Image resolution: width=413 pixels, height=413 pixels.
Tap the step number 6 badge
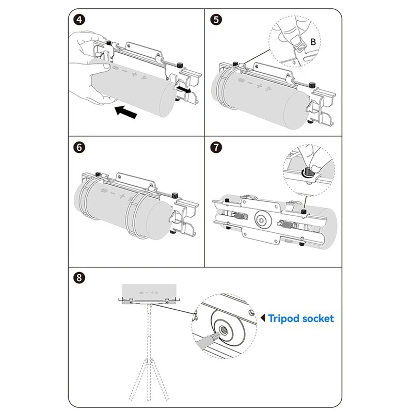[79, 146]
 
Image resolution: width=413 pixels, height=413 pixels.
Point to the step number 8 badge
[79, 277]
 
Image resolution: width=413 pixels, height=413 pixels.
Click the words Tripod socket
[301, 319]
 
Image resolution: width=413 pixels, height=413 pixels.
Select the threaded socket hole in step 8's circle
[225, 330]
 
